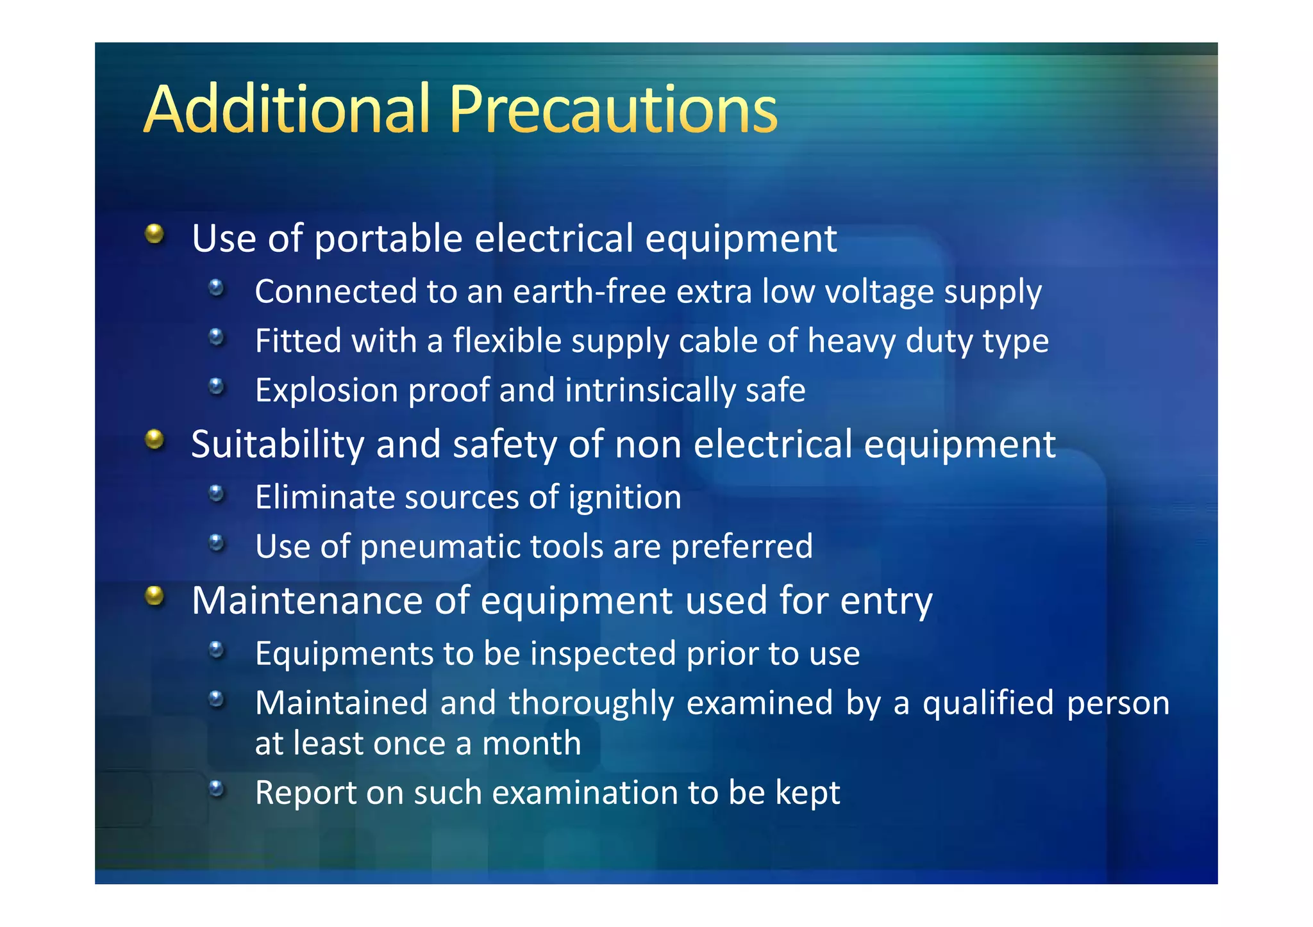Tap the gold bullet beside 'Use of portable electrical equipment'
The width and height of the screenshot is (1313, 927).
point(155,234)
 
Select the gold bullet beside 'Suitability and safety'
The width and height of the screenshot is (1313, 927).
point(155,439)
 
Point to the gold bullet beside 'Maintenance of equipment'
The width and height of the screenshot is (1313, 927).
point(155,596)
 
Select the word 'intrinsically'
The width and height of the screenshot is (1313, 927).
point(650,391)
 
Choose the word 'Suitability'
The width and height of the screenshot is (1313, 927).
point(278,445)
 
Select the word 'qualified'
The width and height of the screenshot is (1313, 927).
point(988,703)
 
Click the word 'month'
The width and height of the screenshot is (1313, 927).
point(531,744)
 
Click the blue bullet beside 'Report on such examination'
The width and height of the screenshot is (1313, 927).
point(217,788)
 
